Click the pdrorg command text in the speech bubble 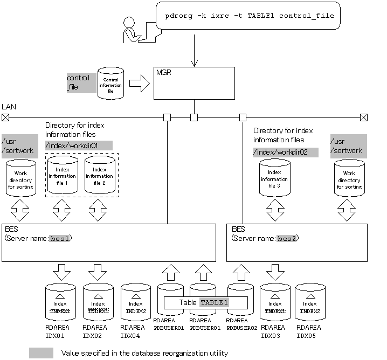[250, 16]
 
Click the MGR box [194, 83]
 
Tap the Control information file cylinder [110, 83]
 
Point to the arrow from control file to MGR [139, 83]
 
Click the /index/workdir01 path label [79, 145]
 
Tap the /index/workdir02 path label [286, 153]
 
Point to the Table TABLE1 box [205, 302]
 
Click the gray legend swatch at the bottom [42, 353]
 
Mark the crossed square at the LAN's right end [364, 117]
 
